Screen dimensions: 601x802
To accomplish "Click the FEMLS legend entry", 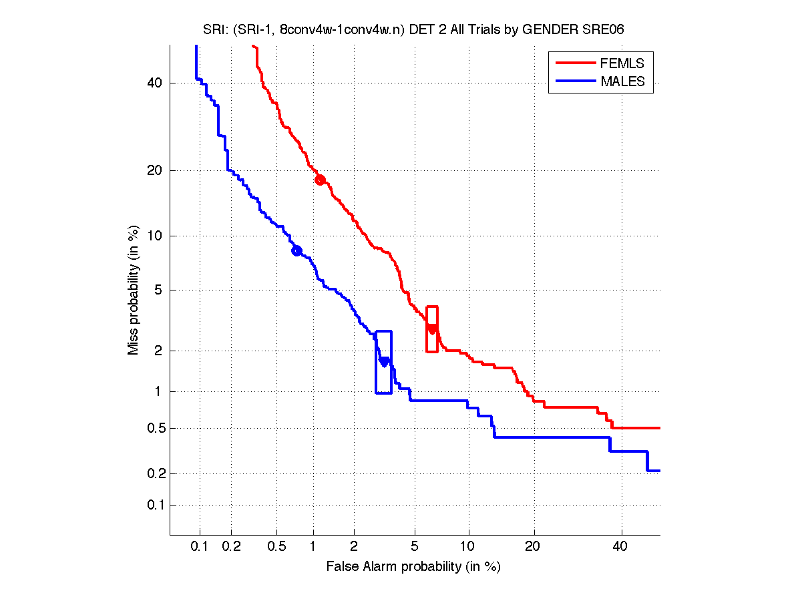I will coord(622,63).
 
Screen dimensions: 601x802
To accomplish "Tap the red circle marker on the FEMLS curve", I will coord(320,180).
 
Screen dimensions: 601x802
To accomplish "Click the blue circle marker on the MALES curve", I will coord(296,250).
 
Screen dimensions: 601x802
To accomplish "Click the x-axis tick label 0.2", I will coord(231,547).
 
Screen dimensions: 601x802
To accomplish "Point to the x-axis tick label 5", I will coord(415,547).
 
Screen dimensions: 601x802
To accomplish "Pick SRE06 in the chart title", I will coord(606,30).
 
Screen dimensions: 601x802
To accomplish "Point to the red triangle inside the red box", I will coord(432,329).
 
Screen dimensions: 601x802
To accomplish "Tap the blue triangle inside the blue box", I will coord(384,362).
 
